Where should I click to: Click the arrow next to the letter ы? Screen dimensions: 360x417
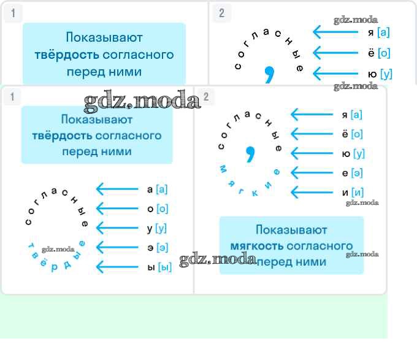point(117,267)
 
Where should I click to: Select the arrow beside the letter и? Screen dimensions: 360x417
point(311,193)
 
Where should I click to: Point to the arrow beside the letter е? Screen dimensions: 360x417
point(311,173)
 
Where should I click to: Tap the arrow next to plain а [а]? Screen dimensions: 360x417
point(117,189)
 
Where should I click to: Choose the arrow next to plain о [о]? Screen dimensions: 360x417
point(117,209)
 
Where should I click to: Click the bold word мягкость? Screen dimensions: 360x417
point(256,246)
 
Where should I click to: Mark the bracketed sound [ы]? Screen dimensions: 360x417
point(164,267)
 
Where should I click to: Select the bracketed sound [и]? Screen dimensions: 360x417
point(357,193)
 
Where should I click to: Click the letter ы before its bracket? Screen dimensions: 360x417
point(150,267)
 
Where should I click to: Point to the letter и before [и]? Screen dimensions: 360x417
point(345,193)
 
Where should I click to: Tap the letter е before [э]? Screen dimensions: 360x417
point(345,173)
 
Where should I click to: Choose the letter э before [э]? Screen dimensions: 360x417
point(150,248)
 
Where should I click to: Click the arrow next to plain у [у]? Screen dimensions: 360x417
point(117,228)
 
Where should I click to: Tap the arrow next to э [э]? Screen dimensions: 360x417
point(117,248)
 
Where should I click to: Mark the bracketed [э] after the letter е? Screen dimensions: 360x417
point(357,173)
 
